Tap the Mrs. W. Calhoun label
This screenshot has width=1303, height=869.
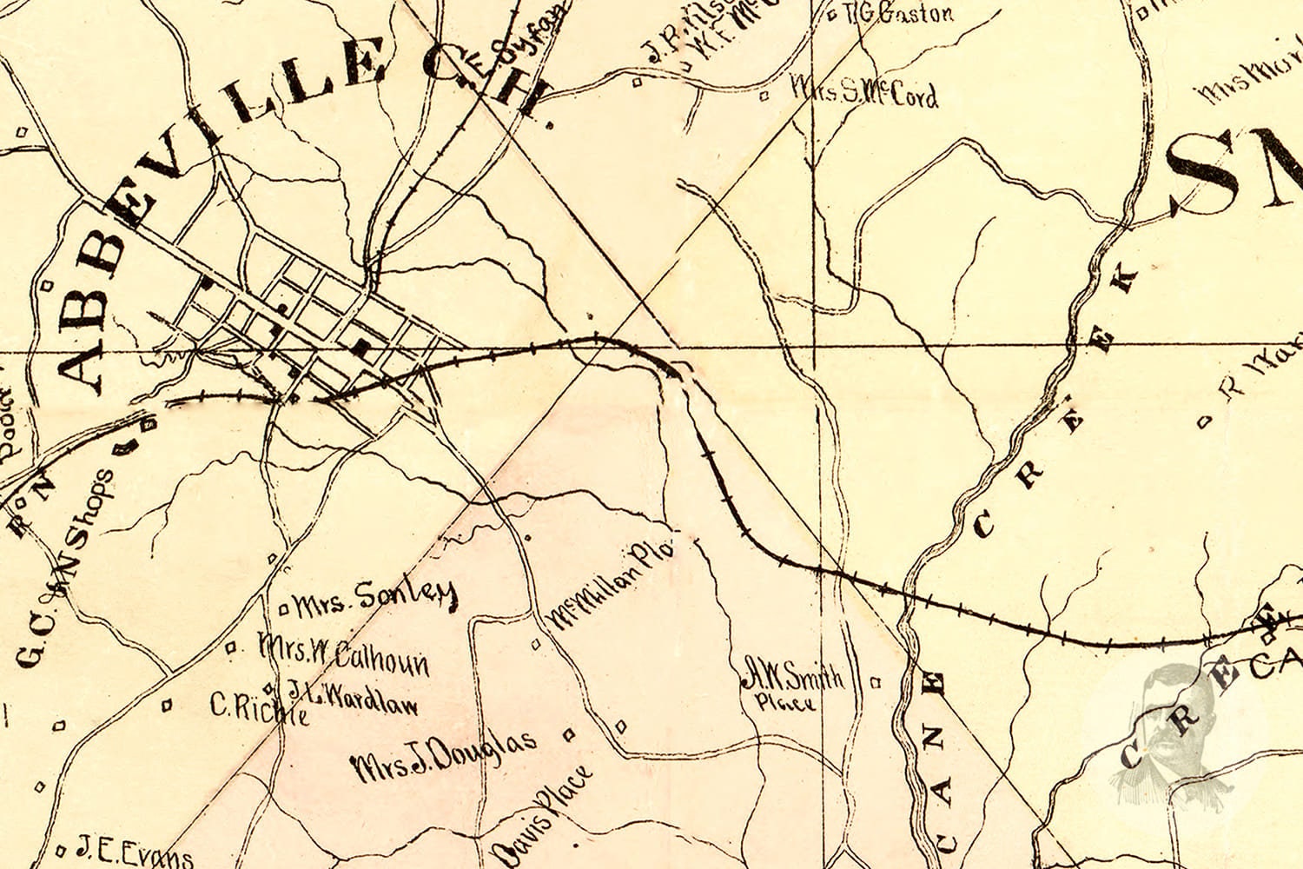tap(343, 656)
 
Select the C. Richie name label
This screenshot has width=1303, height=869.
tap(259, 707)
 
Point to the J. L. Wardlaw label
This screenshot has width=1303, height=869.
tap(352, 696)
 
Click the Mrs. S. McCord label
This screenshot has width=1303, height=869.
tap(864, 92)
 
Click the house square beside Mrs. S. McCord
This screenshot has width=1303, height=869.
tap(764, 96)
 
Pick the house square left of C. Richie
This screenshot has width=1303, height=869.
tap(167, 706)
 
